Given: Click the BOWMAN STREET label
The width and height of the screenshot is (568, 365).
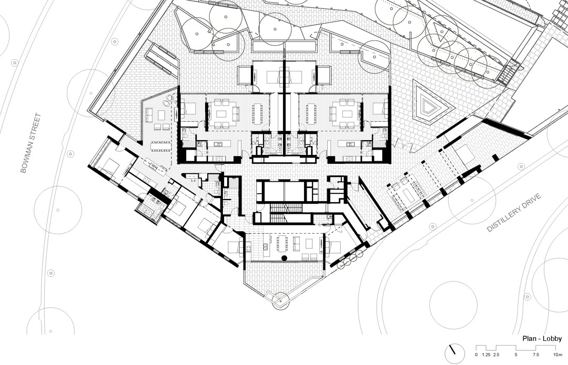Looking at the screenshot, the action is (x=30, y=143).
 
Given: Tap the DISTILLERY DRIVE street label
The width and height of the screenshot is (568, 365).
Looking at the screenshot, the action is (x=514, y=213).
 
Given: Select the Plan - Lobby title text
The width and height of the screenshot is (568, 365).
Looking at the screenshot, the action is (x=542, y=339).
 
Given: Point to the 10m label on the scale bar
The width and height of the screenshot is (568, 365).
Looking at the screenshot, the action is (x=557, y=355).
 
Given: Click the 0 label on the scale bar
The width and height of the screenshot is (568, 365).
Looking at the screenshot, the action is (x=476, y=355).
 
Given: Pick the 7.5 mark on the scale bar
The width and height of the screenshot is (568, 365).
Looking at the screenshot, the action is (x=535, y=355).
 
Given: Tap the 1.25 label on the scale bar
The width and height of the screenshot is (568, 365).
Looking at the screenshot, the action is (x=486, y=355).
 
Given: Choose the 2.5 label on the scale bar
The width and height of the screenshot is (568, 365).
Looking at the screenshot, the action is (x=496, y=355).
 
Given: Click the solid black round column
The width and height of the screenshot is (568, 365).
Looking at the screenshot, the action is (x=285, y=258).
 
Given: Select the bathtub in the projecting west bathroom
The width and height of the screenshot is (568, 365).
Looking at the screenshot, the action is (x=147, y=211).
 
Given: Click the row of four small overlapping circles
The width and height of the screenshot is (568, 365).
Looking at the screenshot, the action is (x=350, y=259).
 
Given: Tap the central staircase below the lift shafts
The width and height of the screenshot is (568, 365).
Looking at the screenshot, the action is (x=286, y=213).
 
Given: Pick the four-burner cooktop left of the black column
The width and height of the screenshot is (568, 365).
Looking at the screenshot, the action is (x=248, y=248).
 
